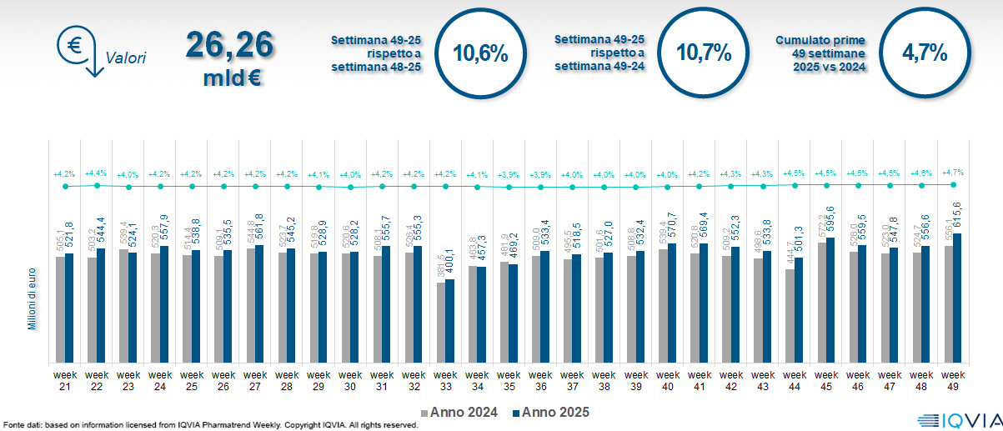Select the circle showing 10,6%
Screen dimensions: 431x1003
click(479, 53)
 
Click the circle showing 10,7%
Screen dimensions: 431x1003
click(703, 53)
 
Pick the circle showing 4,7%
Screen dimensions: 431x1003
click(925, 53)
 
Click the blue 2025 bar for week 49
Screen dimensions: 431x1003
click(957, 298)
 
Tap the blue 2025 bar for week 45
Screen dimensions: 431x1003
click(830, 301)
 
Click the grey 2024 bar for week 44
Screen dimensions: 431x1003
click(790, 316)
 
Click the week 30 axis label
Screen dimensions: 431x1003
click(350, 380)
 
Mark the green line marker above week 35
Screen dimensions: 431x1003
click(509, 187)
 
